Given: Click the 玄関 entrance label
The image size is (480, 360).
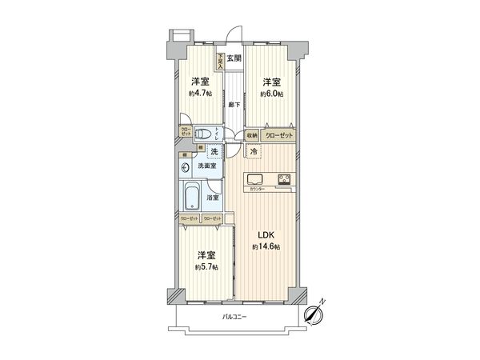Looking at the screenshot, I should (233, 58).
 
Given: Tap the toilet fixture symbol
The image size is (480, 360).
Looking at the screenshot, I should (205, 134).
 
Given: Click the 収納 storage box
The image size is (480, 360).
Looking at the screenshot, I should (252, 135).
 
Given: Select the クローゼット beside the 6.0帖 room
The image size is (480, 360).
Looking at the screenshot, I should (278, 135).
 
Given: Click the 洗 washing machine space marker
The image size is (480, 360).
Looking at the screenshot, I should (214, 151).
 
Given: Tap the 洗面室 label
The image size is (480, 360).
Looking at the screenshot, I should (208, 166).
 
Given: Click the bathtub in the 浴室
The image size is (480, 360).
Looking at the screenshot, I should (192, 197).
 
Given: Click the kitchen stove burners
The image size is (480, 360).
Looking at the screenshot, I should (285, 178).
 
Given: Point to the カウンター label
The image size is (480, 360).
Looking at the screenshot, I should (258, 190).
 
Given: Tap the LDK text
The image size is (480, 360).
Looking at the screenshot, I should (266, 234).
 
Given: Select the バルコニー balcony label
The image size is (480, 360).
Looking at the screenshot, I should (234, 318).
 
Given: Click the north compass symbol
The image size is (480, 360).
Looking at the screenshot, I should (314, 314).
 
